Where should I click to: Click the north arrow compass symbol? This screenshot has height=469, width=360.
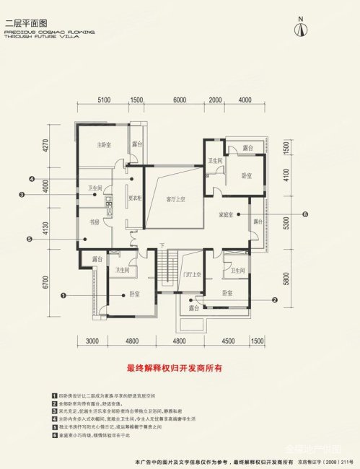(x=302, y=27)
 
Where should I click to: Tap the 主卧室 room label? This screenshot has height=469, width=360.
(x=105, y=144)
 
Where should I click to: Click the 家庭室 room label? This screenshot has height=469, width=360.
(x=227, y=214)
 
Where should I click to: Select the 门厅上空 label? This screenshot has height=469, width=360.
(x=191, y=275)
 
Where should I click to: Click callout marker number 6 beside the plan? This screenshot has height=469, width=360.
(x=305, y=214)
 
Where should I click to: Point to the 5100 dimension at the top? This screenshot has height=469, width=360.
(x=102, y=100)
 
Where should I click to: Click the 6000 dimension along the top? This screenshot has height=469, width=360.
(x=180, y=100)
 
